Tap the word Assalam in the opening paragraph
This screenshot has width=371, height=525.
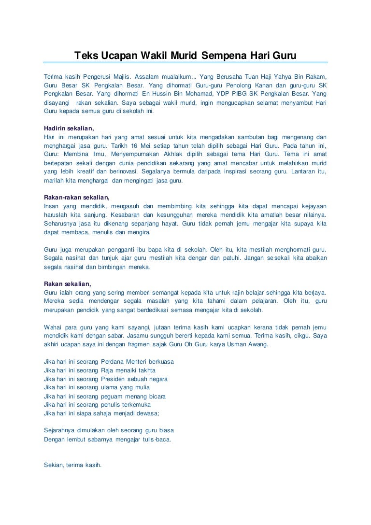coord(147,76)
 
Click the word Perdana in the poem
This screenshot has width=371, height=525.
coord(113,361)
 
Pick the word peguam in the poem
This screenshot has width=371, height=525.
coord(112,396)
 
